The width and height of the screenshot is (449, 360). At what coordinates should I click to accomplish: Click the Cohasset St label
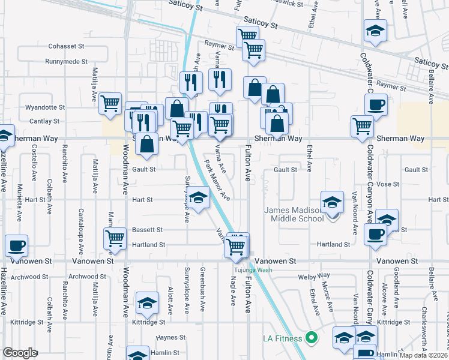click(68, 46)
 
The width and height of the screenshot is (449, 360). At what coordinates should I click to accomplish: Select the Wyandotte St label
click(45, 107)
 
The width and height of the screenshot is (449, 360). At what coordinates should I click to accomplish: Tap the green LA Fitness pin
click(311, 338)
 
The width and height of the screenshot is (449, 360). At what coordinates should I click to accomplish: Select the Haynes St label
click(167, 338)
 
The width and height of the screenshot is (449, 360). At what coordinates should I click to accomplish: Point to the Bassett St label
click(148, 230)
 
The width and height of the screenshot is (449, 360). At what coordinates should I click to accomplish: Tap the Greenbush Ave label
click(203, 290)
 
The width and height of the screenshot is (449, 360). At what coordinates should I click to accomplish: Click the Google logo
click(20, 353)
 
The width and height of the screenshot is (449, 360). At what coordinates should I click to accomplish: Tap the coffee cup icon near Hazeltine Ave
click(16, 245)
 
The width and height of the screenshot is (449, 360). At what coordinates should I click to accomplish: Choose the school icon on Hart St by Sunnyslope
click(198, 197)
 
